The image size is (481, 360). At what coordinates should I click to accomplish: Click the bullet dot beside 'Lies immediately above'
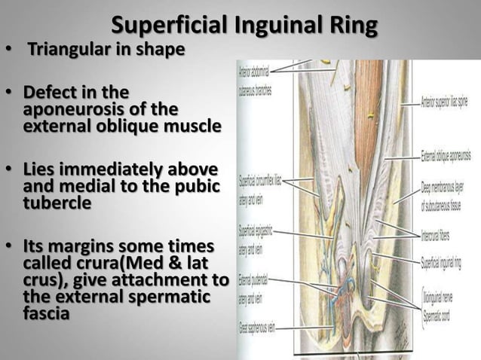(x=9, y=166)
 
